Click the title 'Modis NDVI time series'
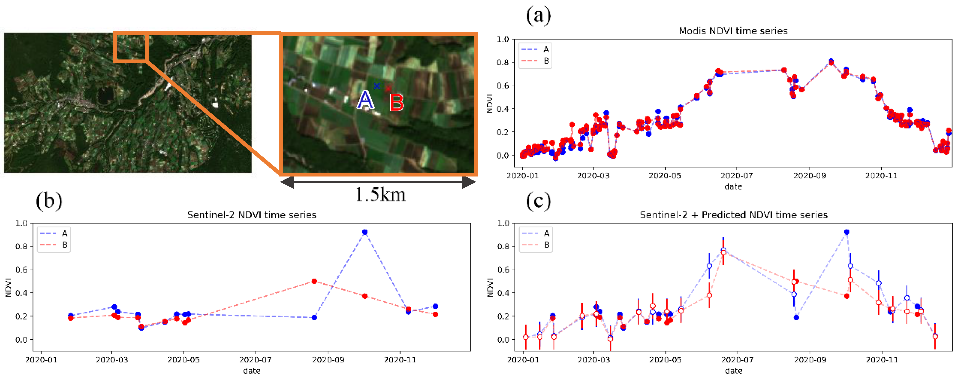click(x=733, y=31)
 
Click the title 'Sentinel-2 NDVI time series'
click(x=252, y=215)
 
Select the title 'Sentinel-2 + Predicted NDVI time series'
click(x=733, y=215)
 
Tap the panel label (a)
click(x=538, y=15)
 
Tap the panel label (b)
click(x=49, y=201)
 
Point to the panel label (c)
click(x=538, y=201)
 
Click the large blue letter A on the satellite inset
click(x=366, y=100)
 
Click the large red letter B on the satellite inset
click(x=396, y=103)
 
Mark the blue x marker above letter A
click(x=377, y=86)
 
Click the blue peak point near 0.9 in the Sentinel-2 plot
click(x=364, y=232)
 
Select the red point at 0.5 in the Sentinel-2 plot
click(x=314, y=281)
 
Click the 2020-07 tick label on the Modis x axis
click(x=736, y=175)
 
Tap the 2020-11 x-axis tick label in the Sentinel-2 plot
click(x=400, y=360)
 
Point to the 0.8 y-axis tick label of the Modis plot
click(x=503, y=62)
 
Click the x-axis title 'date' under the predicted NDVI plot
click(x=733, y=370)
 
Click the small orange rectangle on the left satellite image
click(x=131, y=47)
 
